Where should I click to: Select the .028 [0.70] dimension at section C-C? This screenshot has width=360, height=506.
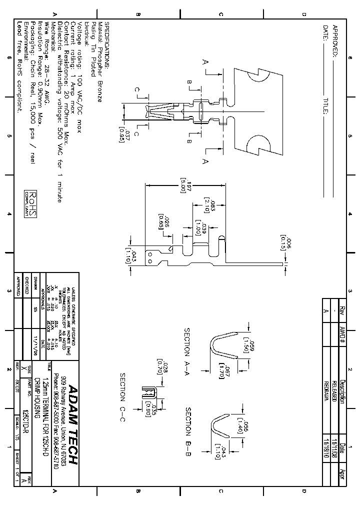pyautogui.click(x=162, y=368)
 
